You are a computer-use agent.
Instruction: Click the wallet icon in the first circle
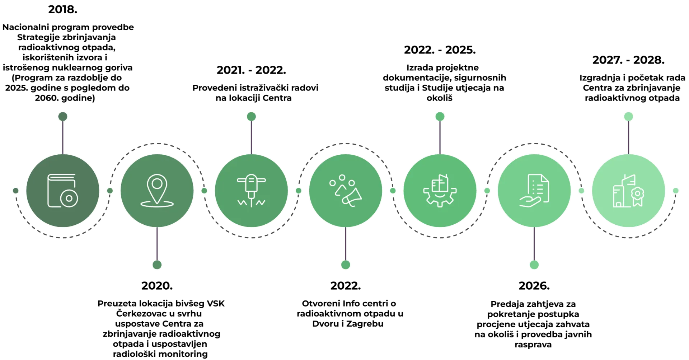[62, 191]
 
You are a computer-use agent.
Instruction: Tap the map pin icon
[157, 191]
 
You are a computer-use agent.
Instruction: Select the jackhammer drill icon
[251, 191]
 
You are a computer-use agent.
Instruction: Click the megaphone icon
[346, 191]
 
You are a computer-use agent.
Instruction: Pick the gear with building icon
[440, 191]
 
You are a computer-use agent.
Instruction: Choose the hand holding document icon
[534, 191]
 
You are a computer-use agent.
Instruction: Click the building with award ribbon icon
[628, 191]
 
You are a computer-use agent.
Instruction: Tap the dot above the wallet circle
[63, 117]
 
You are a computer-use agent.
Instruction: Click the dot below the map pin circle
[157, 265]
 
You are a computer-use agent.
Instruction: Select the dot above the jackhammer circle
[251, 117]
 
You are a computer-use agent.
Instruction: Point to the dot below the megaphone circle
[346, 265]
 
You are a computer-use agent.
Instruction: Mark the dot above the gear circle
[440, 117]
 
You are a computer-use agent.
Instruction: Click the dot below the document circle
[534, 265]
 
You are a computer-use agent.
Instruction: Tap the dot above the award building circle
[628, 117]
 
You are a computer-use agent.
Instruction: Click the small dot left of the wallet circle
[15, 191]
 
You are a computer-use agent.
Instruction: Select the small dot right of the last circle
[676, 191]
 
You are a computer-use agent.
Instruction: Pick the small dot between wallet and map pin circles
[110, 191]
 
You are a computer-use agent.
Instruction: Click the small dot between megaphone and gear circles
[393, 191]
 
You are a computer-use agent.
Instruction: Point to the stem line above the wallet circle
[63, 138]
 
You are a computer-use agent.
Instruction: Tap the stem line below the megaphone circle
[346, 244]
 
